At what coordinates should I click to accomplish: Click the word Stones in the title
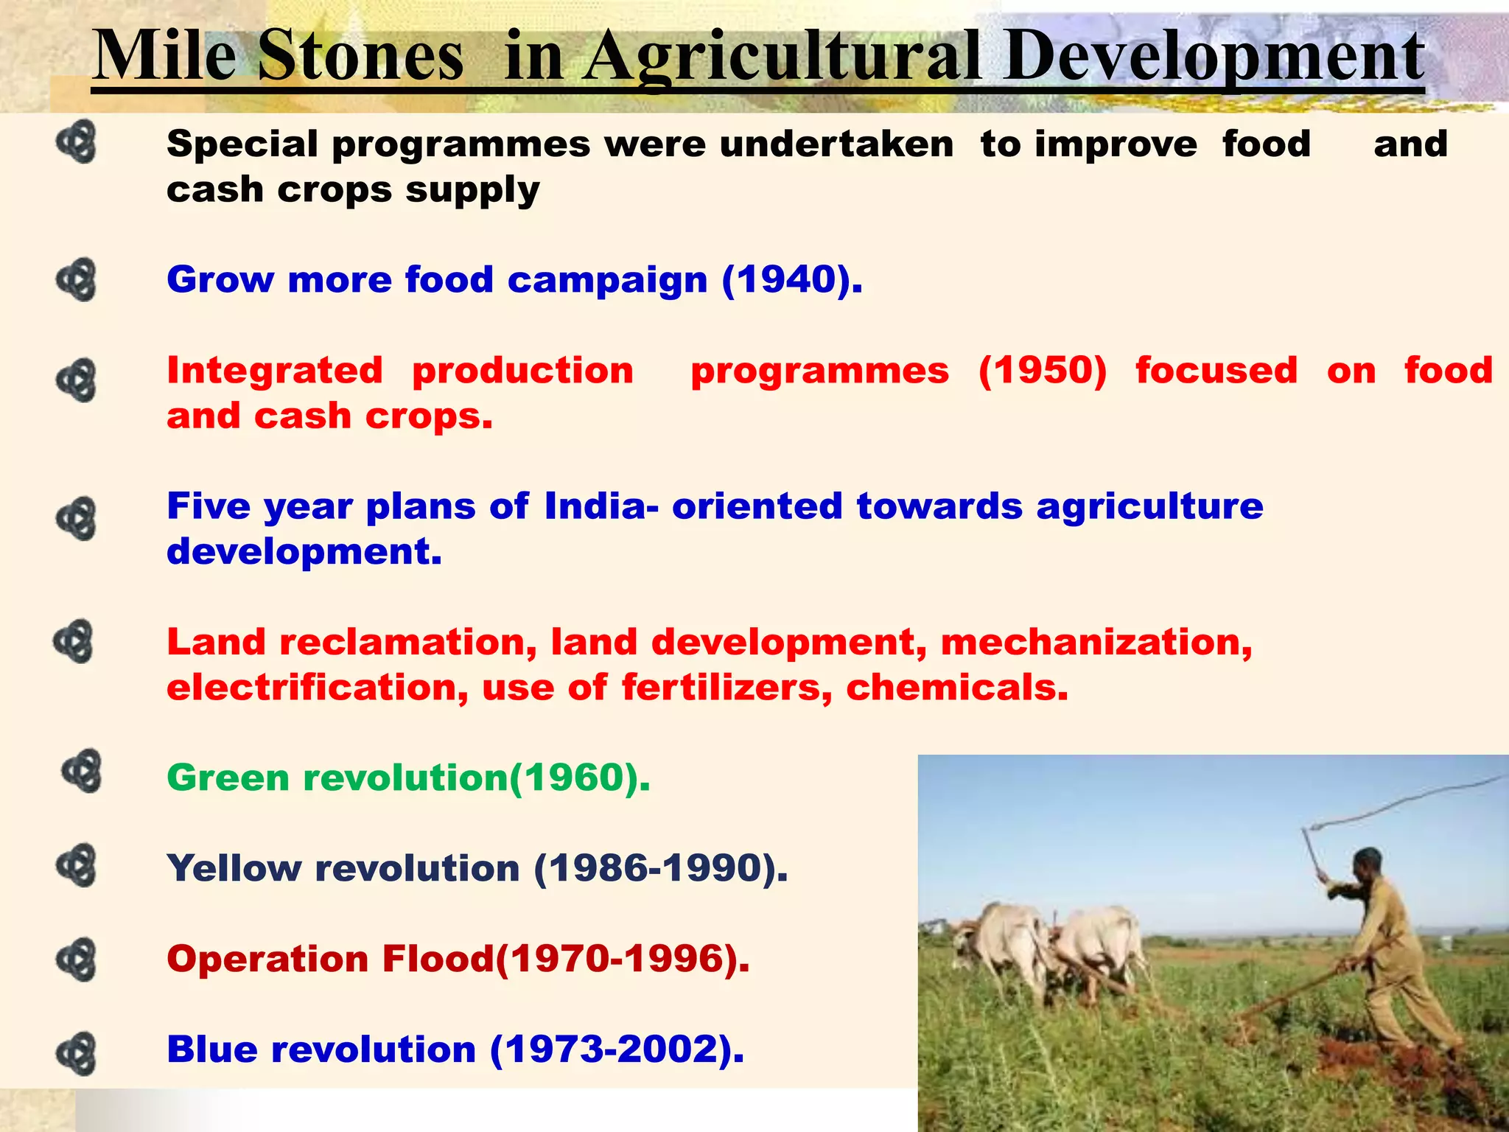pos(361,57)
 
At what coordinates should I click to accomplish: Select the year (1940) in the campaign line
pos(792,281)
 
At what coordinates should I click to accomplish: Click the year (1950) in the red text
pos(1043,371)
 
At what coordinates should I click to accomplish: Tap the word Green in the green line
pos(228,779)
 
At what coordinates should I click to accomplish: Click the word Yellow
pos(234,869)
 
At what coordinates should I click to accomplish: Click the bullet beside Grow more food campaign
pos(77,280)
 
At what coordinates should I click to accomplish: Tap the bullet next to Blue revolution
pos(77,1053)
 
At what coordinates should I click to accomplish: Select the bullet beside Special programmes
pos(77,141)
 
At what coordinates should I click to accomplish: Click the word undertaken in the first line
pos(836,144)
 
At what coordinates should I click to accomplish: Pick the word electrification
pos(318,688)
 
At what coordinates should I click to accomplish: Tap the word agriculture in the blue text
pos(1149,507)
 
